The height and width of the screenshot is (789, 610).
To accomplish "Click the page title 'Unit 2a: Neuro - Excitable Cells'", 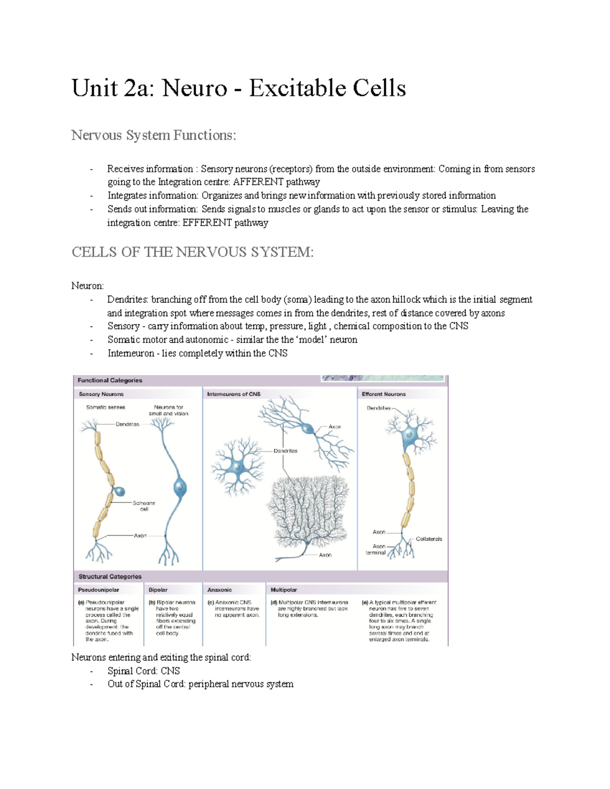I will tap(238, 88).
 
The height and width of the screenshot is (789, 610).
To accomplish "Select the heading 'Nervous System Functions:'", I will tap(154, 135).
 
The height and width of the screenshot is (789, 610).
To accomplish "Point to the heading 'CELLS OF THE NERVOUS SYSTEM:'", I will tap(193, 252).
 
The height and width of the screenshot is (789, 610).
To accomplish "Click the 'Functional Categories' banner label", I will tap(110, 381).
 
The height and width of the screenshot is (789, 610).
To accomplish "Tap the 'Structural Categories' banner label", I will tap(110, 577).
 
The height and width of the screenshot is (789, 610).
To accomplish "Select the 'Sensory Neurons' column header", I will tap(101, 394).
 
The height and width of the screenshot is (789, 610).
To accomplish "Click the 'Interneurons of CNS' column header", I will tap(234, 394).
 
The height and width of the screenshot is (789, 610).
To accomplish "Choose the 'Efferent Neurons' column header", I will tap(384, 394).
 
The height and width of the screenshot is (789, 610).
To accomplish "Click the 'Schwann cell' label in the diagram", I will tap(144, 506).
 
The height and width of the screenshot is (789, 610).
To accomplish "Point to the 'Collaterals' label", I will tap(429, 539).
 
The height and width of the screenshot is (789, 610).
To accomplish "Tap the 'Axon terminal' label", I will tap(376, 550).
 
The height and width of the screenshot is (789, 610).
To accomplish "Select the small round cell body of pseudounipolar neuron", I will tap(119, 491).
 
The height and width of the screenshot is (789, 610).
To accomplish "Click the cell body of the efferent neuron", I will tap(410, 435).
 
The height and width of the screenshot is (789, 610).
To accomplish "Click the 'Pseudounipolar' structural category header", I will tap(99, 590).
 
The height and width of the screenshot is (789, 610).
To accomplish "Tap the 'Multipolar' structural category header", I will tap(284, 590).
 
